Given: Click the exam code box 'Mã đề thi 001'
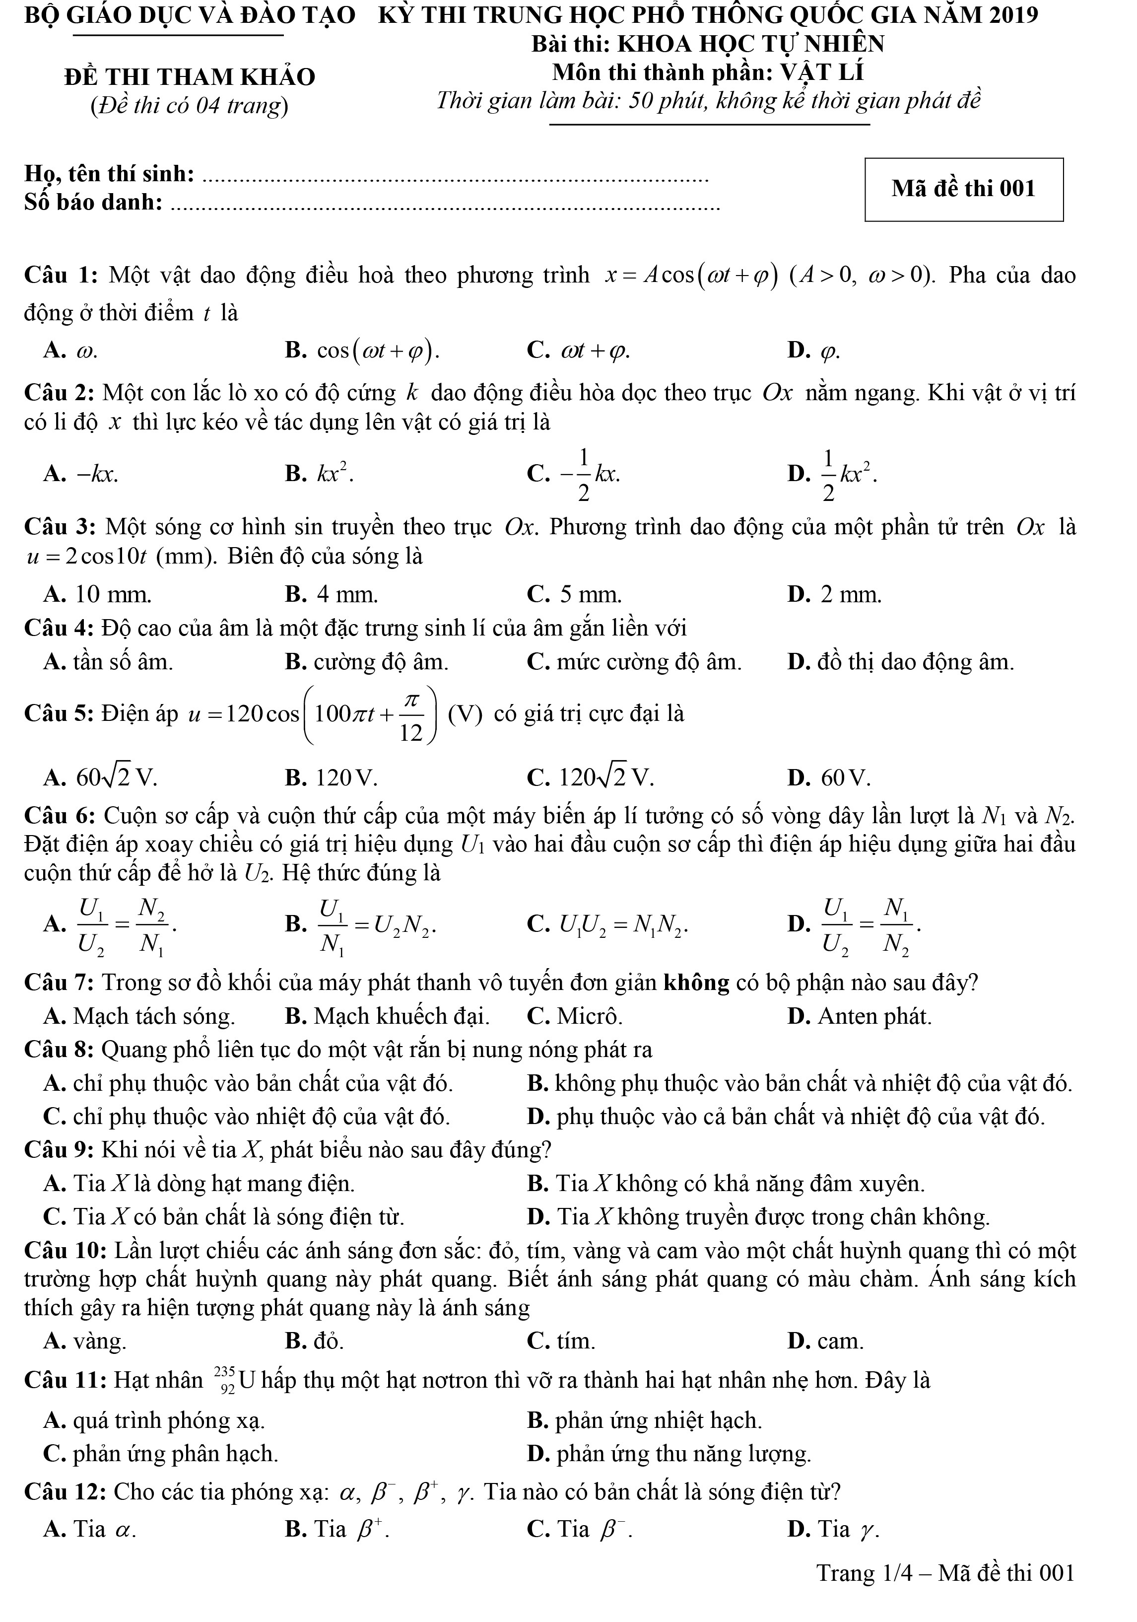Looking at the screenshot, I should point(963,189).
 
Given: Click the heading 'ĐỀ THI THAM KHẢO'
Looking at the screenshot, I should point(189,76).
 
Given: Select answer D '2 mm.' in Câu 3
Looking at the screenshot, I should point(835,594).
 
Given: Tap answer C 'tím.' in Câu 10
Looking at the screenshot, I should point(561,1341).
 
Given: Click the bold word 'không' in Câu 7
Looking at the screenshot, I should point(696,982).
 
